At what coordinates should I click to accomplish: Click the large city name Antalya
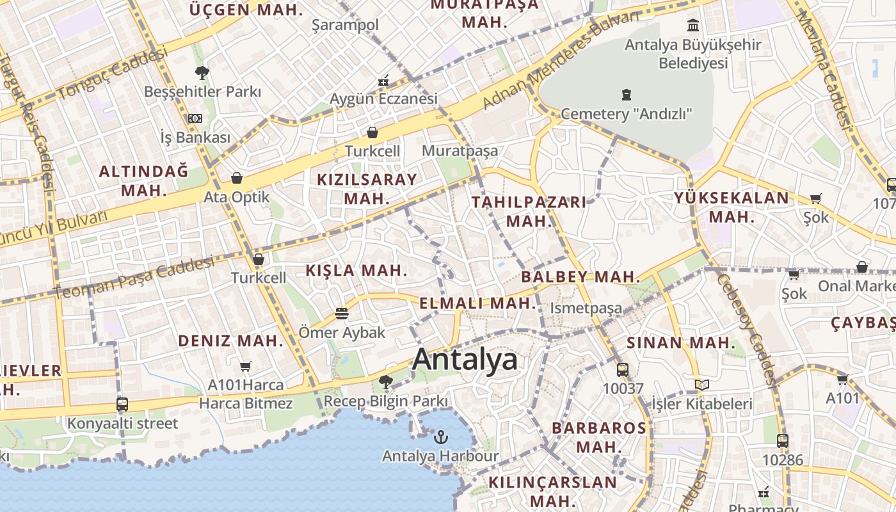465,360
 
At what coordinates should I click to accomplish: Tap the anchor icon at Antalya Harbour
440,438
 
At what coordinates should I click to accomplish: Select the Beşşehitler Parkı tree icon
202,73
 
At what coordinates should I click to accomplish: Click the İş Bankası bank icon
195,118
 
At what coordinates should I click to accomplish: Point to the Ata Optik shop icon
237,178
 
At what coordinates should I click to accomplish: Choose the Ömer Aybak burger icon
342,314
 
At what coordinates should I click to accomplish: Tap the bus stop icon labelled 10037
622,369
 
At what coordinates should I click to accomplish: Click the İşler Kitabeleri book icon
702,385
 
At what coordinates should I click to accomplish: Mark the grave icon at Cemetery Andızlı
626,95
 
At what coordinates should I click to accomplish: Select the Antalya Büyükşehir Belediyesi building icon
692,26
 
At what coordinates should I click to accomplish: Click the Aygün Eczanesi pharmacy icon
383,81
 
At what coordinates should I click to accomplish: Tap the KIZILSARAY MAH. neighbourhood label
367,189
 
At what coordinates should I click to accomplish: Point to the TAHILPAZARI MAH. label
529,212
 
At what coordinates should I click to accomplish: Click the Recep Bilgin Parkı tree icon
385,382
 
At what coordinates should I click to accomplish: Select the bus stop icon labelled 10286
782,441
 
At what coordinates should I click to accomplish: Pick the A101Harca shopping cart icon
245,367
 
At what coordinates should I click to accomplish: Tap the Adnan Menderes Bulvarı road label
560,61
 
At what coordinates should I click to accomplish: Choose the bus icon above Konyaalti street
122,404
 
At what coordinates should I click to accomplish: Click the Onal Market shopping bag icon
861,267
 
